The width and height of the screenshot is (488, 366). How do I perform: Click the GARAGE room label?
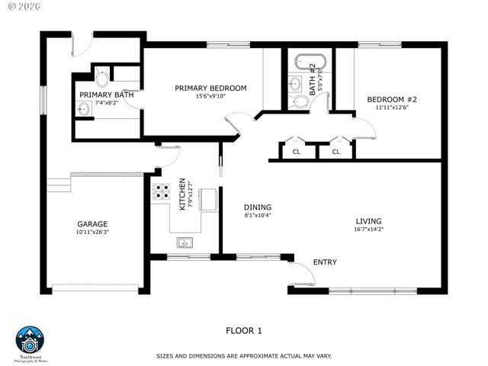pyautogui.click(x=91, y=224)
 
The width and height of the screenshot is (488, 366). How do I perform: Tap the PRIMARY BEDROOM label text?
pyautogui.click(x=210, y=88)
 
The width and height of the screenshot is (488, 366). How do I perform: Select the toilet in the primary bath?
pyautogui.click(x=102, y=77)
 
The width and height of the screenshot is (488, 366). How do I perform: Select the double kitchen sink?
pyautogui.click(x=185, y=243)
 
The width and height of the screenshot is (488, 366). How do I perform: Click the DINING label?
pyautogui.click(x=258, y=207)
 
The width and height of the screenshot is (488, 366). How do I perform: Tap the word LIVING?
pyautogui.click(x=368, y=222)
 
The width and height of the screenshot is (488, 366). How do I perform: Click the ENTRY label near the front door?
pyautogui.click(x=325, y=262)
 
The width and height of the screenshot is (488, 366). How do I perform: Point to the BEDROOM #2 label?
pyautogui.click(x=392, y=100)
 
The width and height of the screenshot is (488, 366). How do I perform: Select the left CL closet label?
pyautogui.click(x=297, y=152)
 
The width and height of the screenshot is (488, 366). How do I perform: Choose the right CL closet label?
pyautogui.click(x=335, y=152)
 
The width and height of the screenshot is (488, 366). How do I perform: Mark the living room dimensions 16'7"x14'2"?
pyautogui.click(x=368, y=230)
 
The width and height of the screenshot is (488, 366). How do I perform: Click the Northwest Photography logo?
pyautogui.click(x=31, y=341)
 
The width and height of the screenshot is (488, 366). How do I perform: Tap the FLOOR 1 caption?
pyautogui.click(x=244, y=330)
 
